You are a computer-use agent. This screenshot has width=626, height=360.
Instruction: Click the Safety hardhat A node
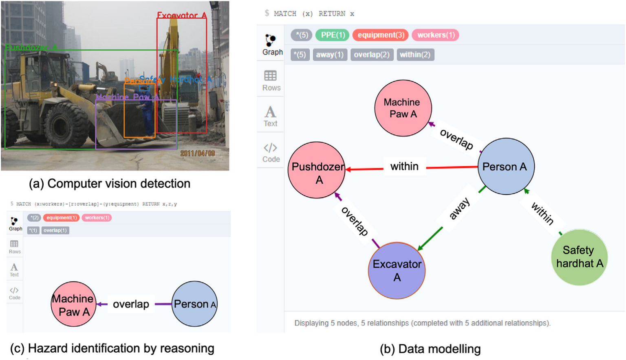pos(579,257)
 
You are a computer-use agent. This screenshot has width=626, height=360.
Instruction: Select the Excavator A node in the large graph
pos(397,270)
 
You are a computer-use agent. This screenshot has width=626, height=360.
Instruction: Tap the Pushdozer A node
pos(317,170)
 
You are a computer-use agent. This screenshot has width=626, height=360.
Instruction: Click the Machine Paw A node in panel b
pos(403,108)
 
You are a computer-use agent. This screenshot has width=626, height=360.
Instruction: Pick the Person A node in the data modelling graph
pos(506,167)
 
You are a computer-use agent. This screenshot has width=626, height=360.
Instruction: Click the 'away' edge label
pos(459,209)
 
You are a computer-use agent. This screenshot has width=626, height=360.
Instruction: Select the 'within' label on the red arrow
pos(404,167)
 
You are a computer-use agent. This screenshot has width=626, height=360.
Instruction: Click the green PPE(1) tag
pos(333,35)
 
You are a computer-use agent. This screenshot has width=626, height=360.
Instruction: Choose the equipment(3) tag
pos(380,35)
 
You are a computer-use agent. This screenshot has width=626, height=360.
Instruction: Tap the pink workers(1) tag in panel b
pos(435,35)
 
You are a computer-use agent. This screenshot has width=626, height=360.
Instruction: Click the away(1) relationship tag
pos(330,55)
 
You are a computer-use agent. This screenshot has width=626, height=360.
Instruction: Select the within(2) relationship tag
pos(415,55)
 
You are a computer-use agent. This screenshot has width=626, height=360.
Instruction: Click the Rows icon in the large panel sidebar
pos(271,81)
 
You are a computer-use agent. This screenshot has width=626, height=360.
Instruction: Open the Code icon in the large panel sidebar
pos(271,152)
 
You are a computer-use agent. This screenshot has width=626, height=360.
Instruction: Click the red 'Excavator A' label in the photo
pos(182,15)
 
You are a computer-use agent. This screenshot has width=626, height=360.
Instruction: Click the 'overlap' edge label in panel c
pos(131,304)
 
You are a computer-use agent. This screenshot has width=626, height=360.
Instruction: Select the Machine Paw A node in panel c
pos(73,304)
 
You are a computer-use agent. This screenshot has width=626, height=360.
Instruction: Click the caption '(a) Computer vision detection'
pos(109,184)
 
